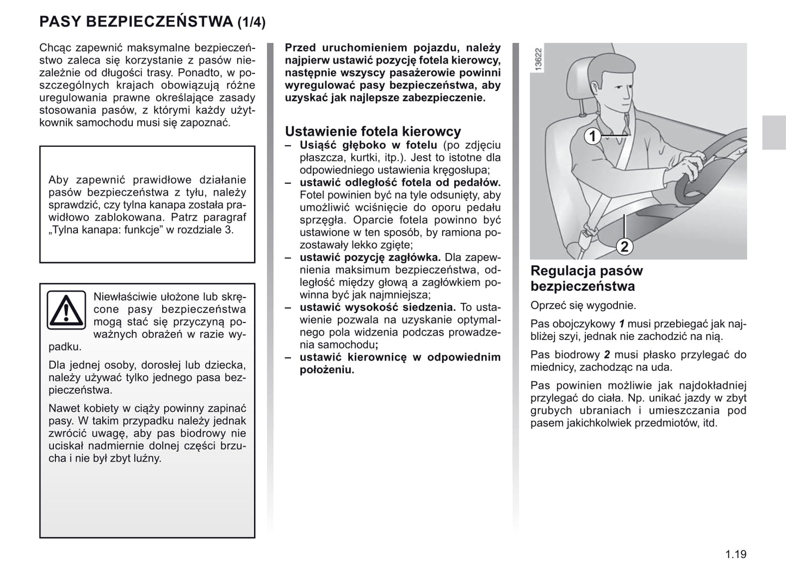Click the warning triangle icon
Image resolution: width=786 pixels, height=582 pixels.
66,310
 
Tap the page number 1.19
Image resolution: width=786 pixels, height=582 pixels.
735,555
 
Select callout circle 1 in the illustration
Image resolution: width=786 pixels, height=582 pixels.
592,136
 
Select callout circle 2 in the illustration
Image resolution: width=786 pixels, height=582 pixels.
624,246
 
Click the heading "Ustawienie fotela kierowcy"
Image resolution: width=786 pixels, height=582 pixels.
373,131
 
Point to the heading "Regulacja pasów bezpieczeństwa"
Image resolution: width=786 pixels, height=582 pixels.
586,278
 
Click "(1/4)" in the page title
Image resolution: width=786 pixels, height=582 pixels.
251,22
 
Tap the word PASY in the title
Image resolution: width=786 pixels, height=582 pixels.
60,22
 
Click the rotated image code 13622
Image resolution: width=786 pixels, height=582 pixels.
538,59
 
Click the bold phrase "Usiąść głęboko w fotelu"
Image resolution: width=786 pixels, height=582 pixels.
368,145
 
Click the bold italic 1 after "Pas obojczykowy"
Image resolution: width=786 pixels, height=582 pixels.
622,324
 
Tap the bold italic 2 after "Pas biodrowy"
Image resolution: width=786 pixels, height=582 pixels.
607,355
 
